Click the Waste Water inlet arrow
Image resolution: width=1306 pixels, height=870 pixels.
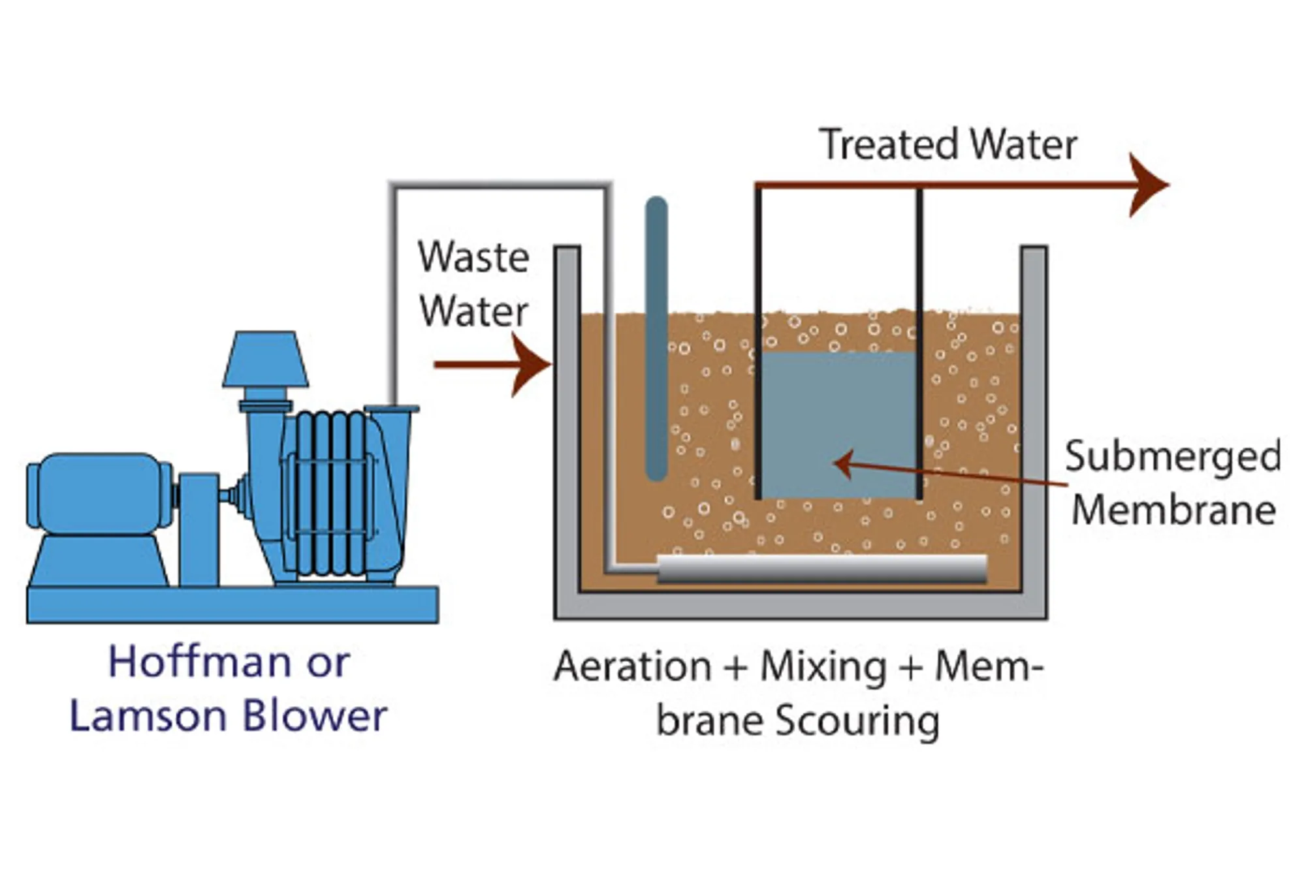(496, 364)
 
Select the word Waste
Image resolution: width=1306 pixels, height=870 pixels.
(473, 258)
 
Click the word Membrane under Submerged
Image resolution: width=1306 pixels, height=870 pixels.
(1173, 510)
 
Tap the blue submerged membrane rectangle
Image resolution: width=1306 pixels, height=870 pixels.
(838, 424)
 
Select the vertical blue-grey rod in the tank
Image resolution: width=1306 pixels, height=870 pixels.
(656, 339)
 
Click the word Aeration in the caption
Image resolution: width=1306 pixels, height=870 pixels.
(632, 667)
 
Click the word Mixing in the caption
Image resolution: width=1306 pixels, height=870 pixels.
(823, 667)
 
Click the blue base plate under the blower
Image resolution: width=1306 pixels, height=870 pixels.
(232, 604)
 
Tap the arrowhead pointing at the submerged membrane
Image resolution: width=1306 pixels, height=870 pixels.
(843, 464)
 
